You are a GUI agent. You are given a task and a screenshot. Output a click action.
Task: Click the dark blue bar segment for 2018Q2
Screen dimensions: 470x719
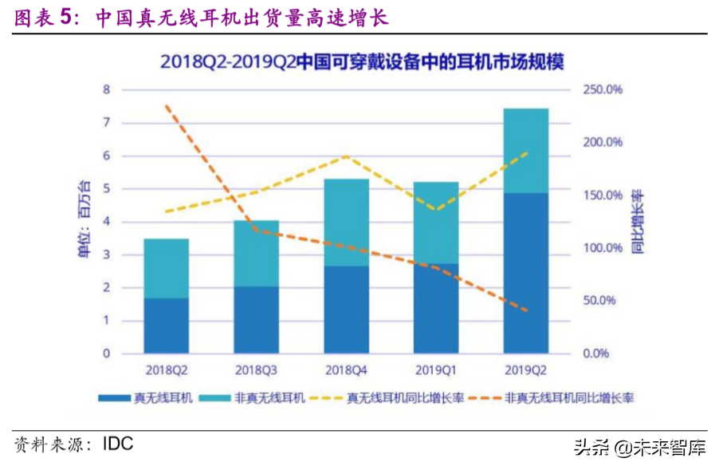coord(166,326)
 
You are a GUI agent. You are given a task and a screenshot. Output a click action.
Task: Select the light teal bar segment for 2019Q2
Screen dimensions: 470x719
coord(525,150)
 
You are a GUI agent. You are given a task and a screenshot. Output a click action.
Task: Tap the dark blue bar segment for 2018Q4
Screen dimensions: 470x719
coord(346,310)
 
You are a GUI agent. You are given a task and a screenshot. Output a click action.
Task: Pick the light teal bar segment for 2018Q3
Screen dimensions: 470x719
coord(256,253)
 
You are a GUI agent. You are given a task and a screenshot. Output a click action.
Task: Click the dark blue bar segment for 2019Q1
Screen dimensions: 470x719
coord(436,308)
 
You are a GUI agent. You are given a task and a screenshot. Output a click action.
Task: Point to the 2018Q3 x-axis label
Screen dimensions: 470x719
coord(256,370)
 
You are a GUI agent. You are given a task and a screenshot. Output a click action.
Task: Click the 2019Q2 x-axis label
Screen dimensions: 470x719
coord(525,370)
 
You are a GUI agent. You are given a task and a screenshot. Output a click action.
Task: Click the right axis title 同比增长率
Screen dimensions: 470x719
coord(638,221)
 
